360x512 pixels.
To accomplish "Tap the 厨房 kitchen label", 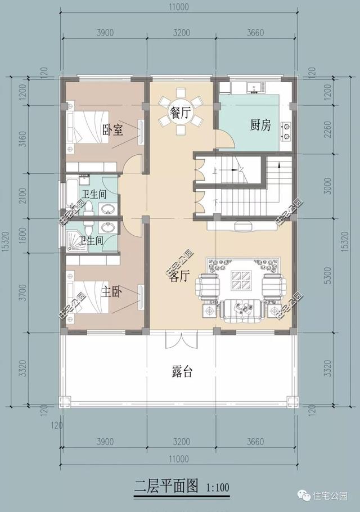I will (260, 125).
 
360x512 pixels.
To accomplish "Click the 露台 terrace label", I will (182, 372).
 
